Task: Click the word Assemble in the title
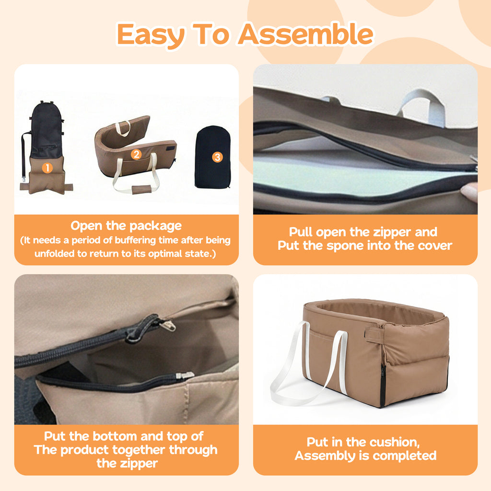pos(306,34)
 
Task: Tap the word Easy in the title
pos(151,35)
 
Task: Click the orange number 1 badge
pos(47,168)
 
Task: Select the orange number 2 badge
pos(136,154)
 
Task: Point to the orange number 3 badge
pos(217,157)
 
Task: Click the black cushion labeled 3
pos(212,157)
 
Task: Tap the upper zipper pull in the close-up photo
pos(167,326)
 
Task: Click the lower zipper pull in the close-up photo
pos(185,375)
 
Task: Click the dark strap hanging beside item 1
pos(24,157)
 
